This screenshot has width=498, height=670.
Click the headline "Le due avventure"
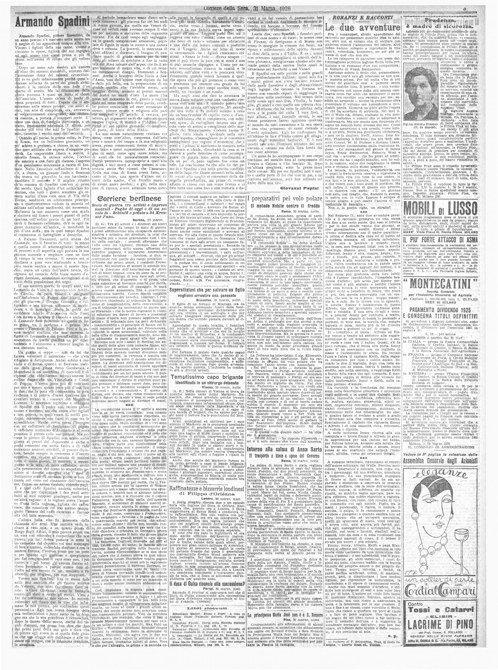[362, 28]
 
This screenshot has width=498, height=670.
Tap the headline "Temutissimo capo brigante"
[206, 377]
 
